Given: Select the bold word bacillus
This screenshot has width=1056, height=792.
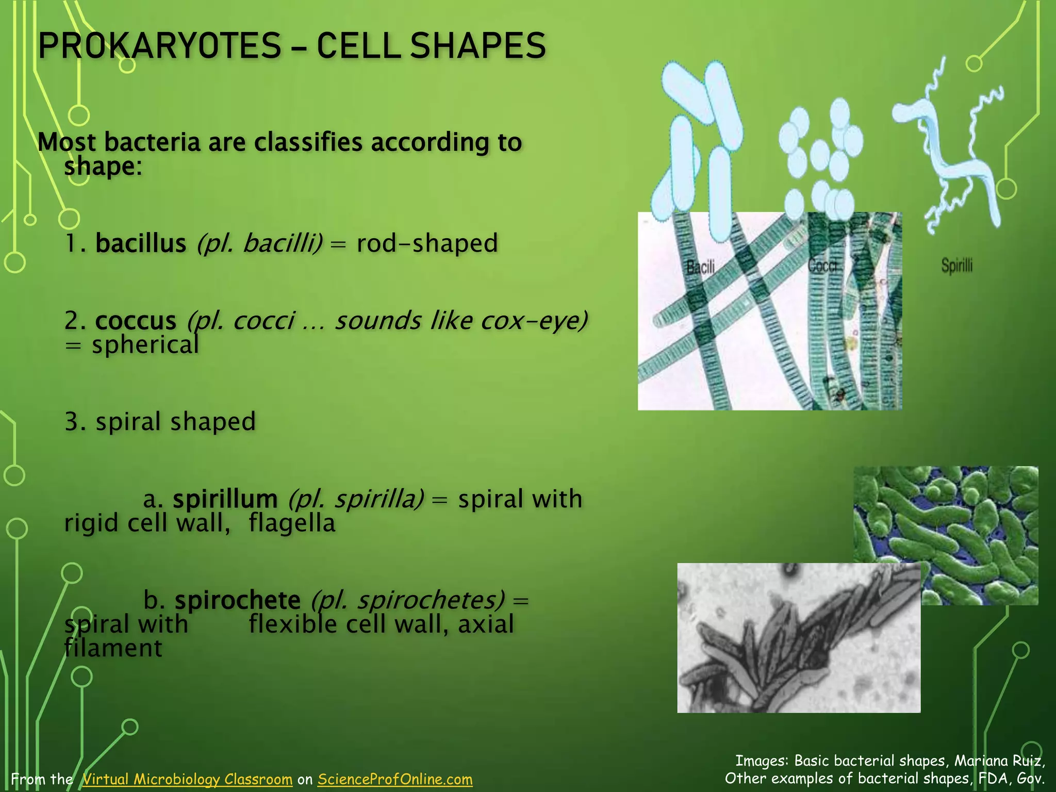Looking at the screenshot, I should click(140, 243).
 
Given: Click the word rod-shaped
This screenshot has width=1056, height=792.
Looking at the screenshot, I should click(427, 243).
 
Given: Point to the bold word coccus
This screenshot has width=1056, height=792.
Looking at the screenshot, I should click(136, 321).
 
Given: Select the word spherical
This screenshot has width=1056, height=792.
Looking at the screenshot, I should click(145, 344).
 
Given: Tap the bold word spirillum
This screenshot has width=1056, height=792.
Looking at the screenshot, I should click(225, 499).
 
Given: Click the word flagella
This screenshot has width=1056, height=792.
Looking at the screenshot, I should click(292, 523).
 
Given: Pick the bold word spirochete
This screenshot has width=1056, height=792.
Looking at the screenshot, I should click(237, 600).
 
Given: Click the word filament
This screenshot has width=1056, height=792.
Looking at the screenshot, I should click(113, 648).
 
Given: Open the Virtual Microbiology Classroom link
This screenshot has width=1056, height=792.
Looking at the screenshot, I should click(187, 779).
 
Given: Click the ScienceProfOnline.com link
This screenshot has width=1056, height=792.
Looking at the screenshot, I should click(395, 779).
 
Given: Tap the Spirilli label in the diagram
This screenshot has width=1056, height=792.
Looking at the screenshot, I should click(957, 266).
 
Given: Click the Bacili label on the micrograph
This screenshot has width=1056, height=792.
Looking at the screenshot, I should click(700, 267).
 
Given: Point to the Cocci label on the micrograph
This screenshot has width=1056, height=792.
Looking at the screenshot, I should click(822, 265).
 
